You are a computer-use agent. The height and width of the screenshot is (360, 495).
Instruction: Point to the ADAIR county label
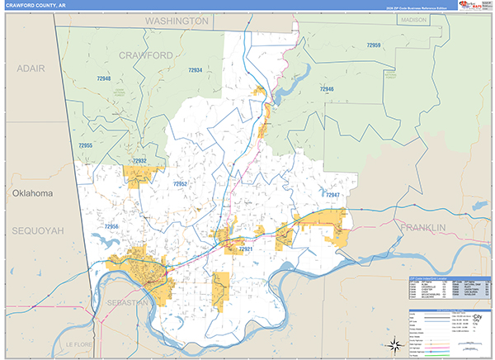pyautogui.click(x=26, y=68)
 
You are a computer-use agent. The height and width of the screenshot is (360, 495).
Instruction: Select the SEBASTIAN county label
pyautogui.click(x=127, y=304)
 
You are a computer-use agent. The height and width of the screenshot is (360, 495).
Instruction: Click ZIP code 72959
pyautogui.click(x=374, y=45)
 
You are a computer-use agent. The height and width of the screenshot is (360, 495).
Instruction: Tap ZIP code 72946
pyautogui.click(x=327, y=88)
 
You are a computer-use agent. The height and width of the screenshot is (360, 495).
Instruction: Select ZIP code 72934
pyautogui.click(x=195, y=70)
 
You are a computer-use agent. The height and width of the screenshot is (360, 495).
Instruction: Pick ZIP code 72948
pyautogui.click(x=103, y=78)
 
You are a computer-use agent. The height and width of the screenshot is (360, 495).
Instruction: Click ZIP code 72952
pyautogui.click(x=181, y=183)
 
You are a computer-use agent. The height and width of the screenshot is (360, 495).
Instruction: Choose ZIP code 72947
pyautogui.click(x=332, y=195)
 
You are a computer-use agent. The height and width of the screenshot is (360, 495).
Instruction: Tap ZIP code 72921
pyautogui.click(x=245, y=249)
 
